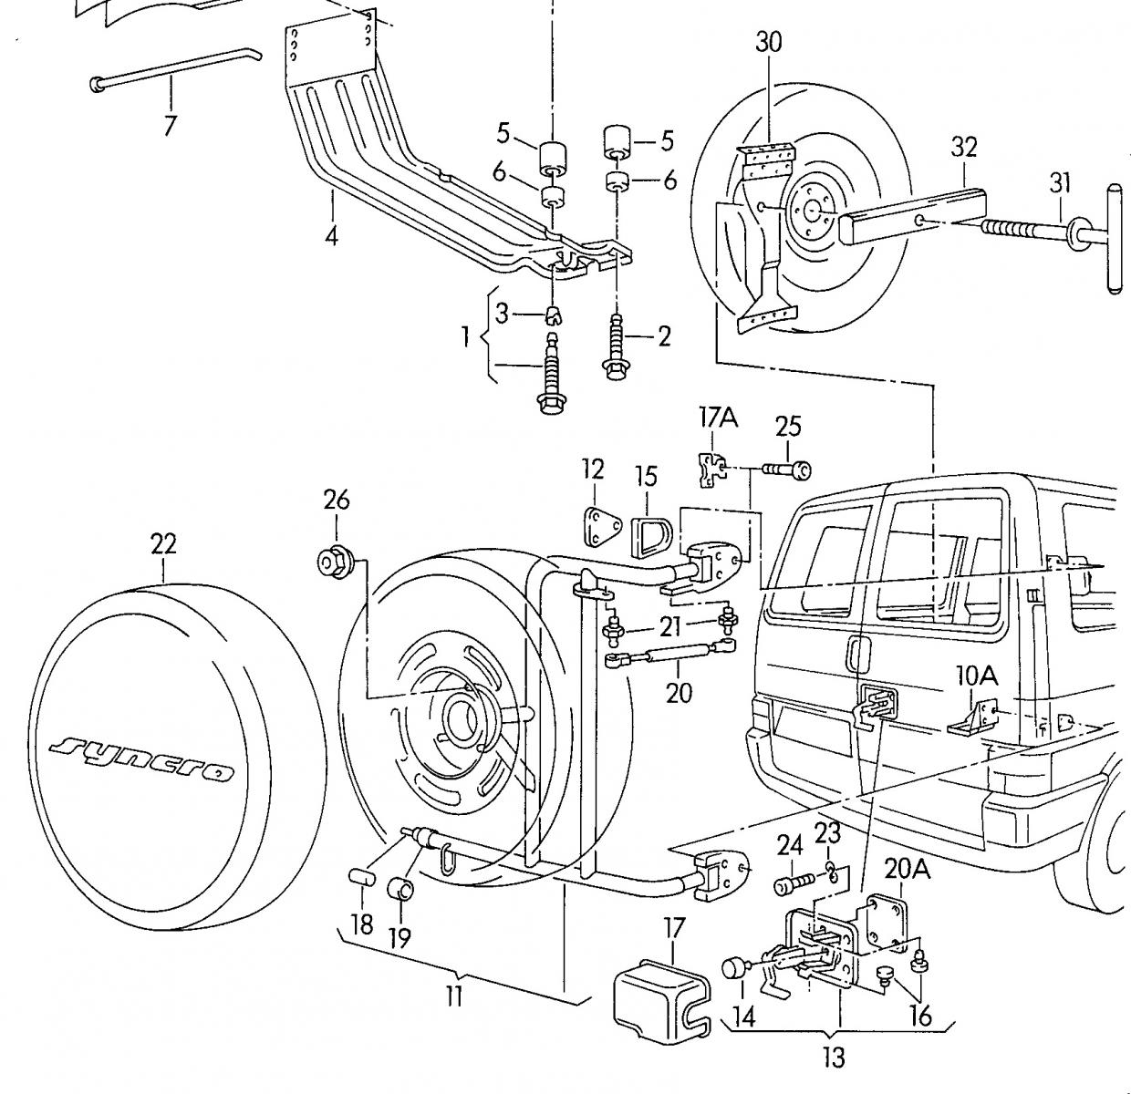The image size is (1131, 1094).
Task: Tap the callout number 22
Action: pyautogui.click(x=163, y=544)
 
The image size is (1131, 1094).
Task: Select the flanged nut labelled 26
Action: pyautogui.click(x=334, y=562)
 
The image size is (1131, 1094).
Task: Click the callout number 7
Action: pyautogui.click(x=169, y=125)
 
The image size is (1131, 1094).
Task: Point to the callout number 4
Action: pyautogui.click(x=331, y=236)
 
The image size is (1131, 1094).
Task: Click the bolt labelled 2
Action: pyautogui.click(x=614, y=347)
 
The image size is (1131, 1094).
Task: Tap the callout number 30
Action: pyautogui.click(x=768, y=42)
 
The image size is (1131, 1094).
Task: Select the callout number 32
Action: pyautogui.click(x=964, y=147)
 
